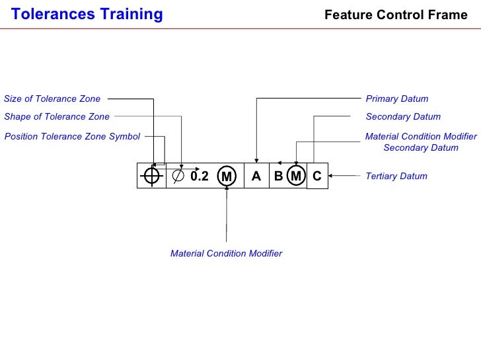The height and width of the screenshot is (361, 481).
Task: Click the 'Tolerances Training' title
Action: click(87, 14)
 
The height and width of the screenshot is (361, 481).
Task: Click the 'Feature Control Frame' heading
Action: click(396, 15)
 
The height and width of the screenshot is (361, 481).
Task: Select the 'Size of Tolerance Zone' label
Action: click(52, 99)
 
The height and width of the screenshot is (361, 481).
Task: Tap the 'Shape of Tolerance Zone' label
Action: click(57, 117)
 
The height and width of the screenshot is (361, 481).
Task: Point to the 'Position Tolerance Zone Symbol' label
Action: click(72, 137)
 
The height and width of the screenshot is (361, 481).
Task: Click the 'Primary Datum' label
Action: click(396, 99)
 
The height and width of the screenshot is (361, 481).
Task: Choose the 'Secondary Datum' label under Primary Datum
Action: click(402, 117)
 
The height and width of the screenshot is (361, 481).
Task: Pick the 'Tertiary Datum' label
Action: click(396, 177)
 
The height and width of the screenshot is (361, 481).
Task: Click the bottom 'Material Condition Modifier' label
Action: click(226, 254)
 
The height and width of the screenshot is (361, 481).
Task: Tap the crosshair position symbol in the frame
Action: click(152, 176)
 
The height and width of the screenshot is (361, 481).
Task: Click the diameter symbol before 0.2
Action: click(178, 176)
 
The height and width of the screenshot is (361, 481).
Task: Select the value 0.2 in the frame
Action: click(199, 177)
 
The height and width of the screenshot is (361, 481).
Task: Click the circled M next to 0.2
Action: click(227, 177)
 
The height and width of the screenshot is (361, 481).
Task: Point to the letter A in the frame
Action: click(256, 176)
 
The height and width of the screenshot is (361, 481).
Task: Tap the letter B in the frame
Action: click(278, 176)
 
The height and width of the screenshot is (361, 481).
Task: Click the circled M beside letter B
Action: click(297, 176)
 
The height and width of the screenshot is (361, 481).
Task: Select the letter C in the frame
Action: click(317, 176)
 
